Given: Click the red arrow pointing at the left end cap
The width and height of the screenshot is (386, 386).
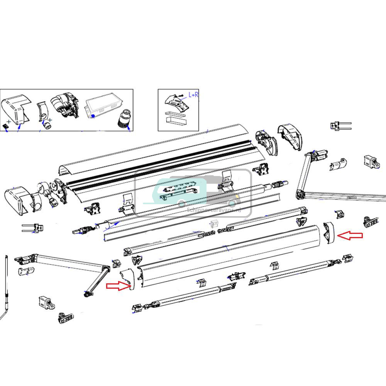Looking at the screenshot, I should point(118,286).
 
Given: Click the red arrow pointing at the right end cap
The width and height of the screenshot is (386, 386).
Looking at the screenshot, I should point(350,236).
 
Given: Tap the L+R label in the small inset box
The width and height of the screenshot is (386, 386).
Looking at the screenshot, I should point(193,95).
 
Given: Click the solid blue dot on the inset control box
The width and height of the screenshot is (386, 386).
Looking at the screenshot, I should point(93,115).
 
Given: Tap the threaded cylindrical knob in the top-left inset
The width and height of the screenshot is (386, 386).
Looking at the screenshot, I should point(124,117).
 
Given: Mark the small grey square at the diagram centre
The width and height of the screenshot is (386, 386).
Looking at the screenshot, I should point(215,223).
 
